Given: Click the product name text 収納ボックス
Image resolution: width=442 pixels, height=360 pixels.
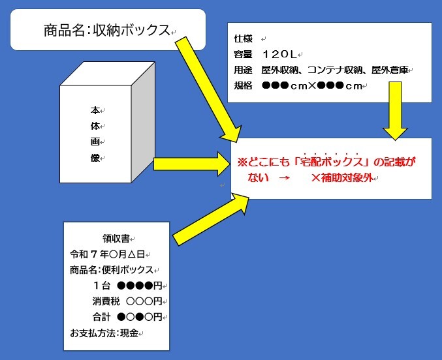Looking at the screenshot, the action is click(131, 30).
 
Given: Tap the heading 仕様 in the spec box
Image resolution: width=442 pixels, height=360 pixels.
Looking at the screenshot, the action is click(243, 38).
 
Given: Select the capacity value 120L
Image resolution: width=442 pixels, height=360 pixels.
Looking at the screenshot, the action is click(279, 54).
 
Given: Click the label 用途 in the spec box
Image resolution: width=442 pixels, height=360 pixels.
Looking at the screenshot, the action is click(243, 70).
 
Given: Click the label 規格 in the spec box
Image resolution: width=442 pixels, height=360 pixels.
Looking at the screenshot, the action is click(243, 85).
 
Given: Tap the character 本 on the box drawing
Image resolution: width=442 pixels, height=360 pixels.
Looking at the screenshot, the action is click(95, 110).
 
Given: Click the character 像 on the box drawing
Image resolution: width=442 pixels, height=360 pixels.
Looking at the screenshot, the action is click(95, 158).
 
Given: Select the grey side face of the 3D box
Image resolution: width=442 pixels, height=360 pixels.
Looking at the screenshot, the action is click(143, 122).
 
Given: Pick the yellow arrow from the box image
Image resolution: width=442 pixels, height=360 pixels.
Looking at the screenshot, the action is click(192, 164).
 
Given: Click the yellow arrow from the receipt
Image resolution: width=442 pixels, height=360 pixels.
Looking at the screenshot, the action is click(211, 219).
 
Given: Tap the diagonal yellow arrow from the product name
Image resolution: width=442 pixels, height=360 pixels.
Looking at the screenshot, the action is click(208, 89).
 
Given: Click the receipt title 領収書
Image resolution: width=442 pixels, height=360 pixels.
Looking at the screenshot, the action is click(116, 239).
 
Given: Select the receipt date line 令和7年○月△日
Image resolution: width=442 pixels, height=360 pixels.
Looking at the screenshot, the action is click(108, 254).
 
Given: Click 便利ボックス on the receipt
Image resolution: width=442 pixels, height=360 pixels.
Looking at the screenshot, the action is click(127, 270).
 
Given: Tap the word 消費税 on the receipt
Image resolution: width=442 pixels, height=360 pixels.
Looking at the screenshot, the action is click(106, 301).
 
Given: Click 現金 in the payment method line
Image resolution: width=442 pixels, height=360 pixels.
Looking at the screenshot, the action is click(129, 333).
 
